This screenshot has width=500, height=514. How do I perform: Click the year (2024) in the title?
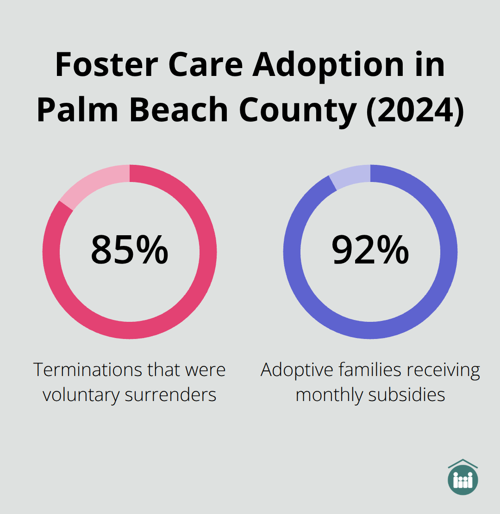[414, 110]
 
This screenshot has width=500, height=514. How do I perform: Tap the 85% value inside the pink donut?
[129, 250]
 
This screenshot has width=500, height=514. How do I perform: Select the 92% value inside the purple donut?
[370, 250]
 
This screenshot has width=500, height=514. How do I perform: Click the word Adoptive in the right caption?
[297, 370]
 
